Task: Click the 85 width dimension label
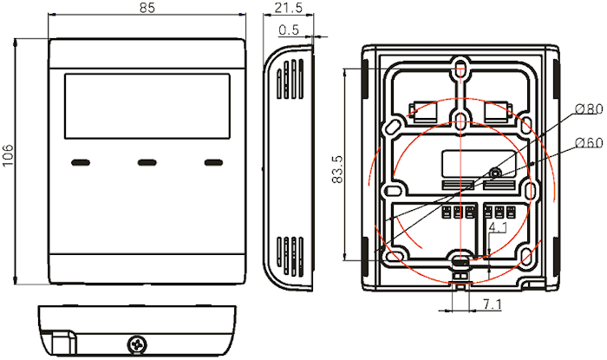(x=147, y=7)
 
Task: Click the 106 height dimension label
(x=8, y=155)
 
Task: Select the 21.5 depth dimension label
(x=289, y=7)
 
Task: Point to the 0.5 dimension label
(x=289, y=29)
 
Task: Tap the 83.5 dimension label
(x=337, y=169)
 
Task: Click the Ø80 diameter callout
(x=589, y=109)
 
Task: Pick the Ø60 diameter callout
(x=589, y=143)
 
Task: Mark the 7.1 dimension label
(x=492, y=304)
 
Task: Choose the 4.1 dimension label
(x=498, y=227)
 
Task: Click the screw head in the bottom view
(x=137, y=344)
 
